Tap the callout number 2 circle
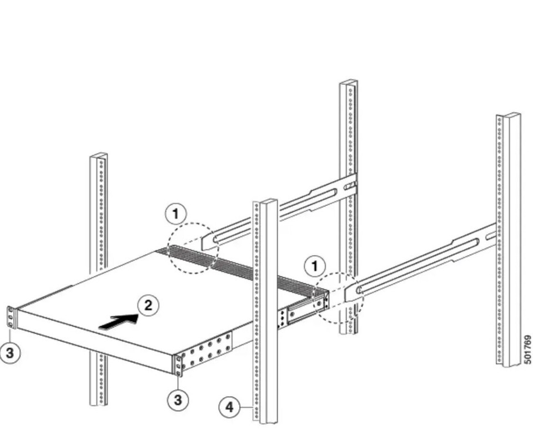point(148,305)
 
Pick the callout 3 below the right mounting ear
point(178,399)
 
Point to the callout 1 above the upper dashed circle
point(176,213)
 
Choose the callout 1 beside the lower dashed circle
point(315,266)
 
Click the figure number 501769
point(527,349)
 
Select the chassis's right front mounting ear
point(178,365)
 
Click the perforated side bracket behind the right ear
point(208,351)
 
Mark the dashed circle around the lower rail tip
point(339,300)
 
